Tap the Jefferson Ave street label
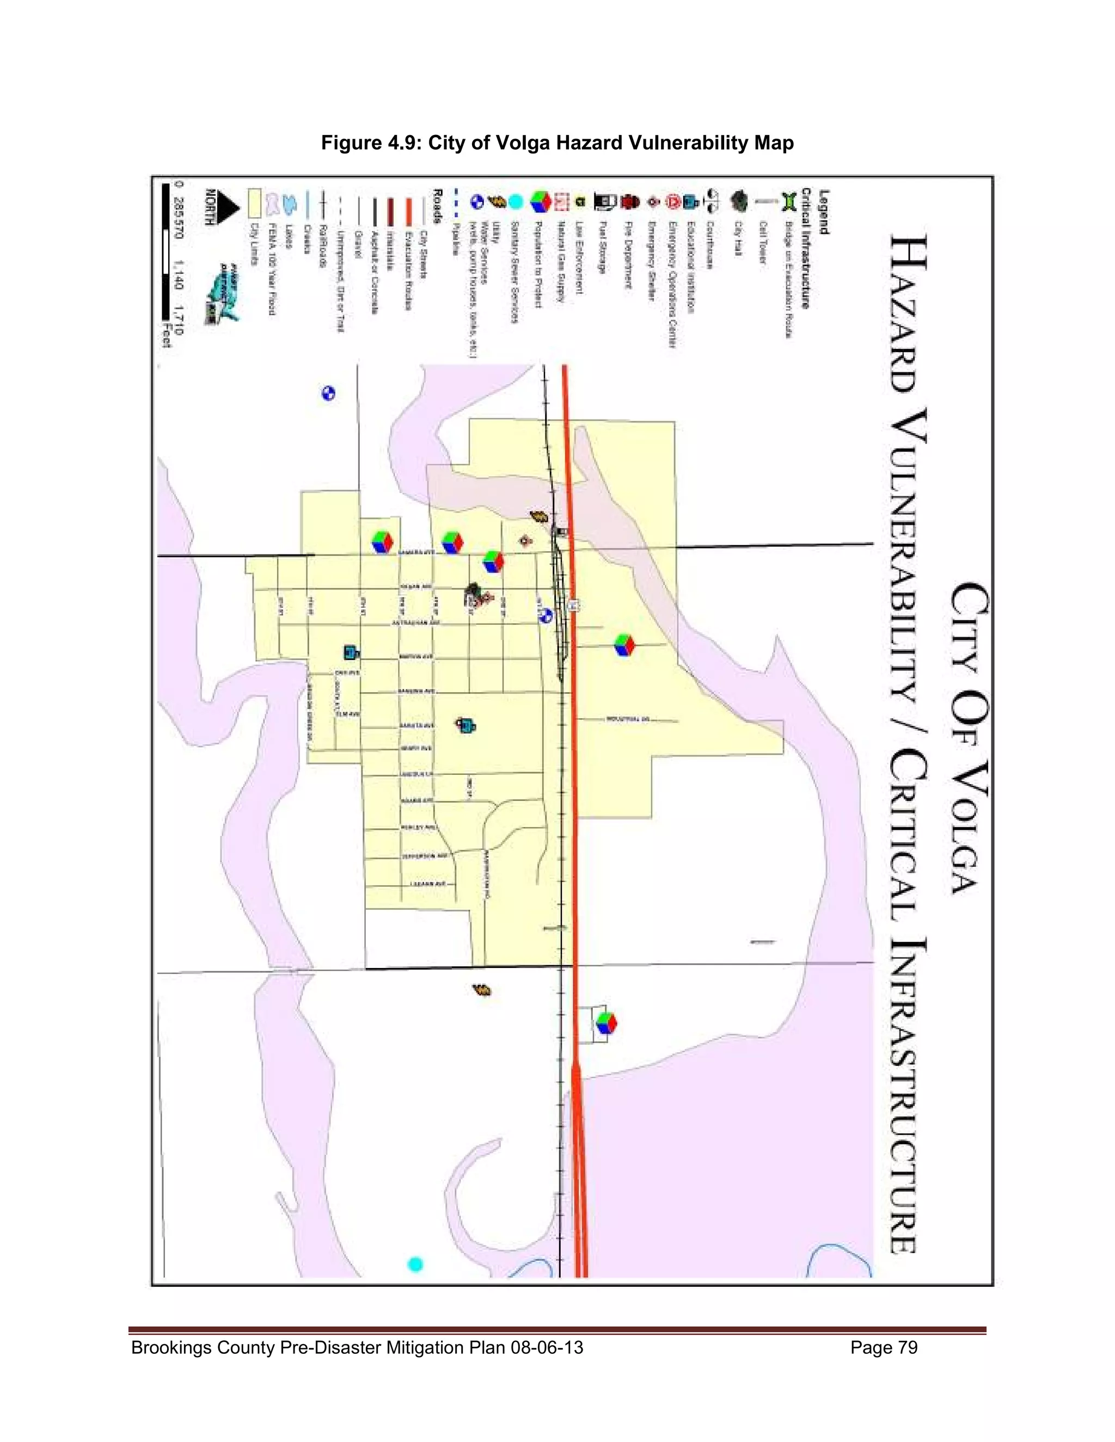424,856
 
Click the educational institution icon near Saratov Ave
467,725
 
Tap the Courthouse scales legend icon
710,200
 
